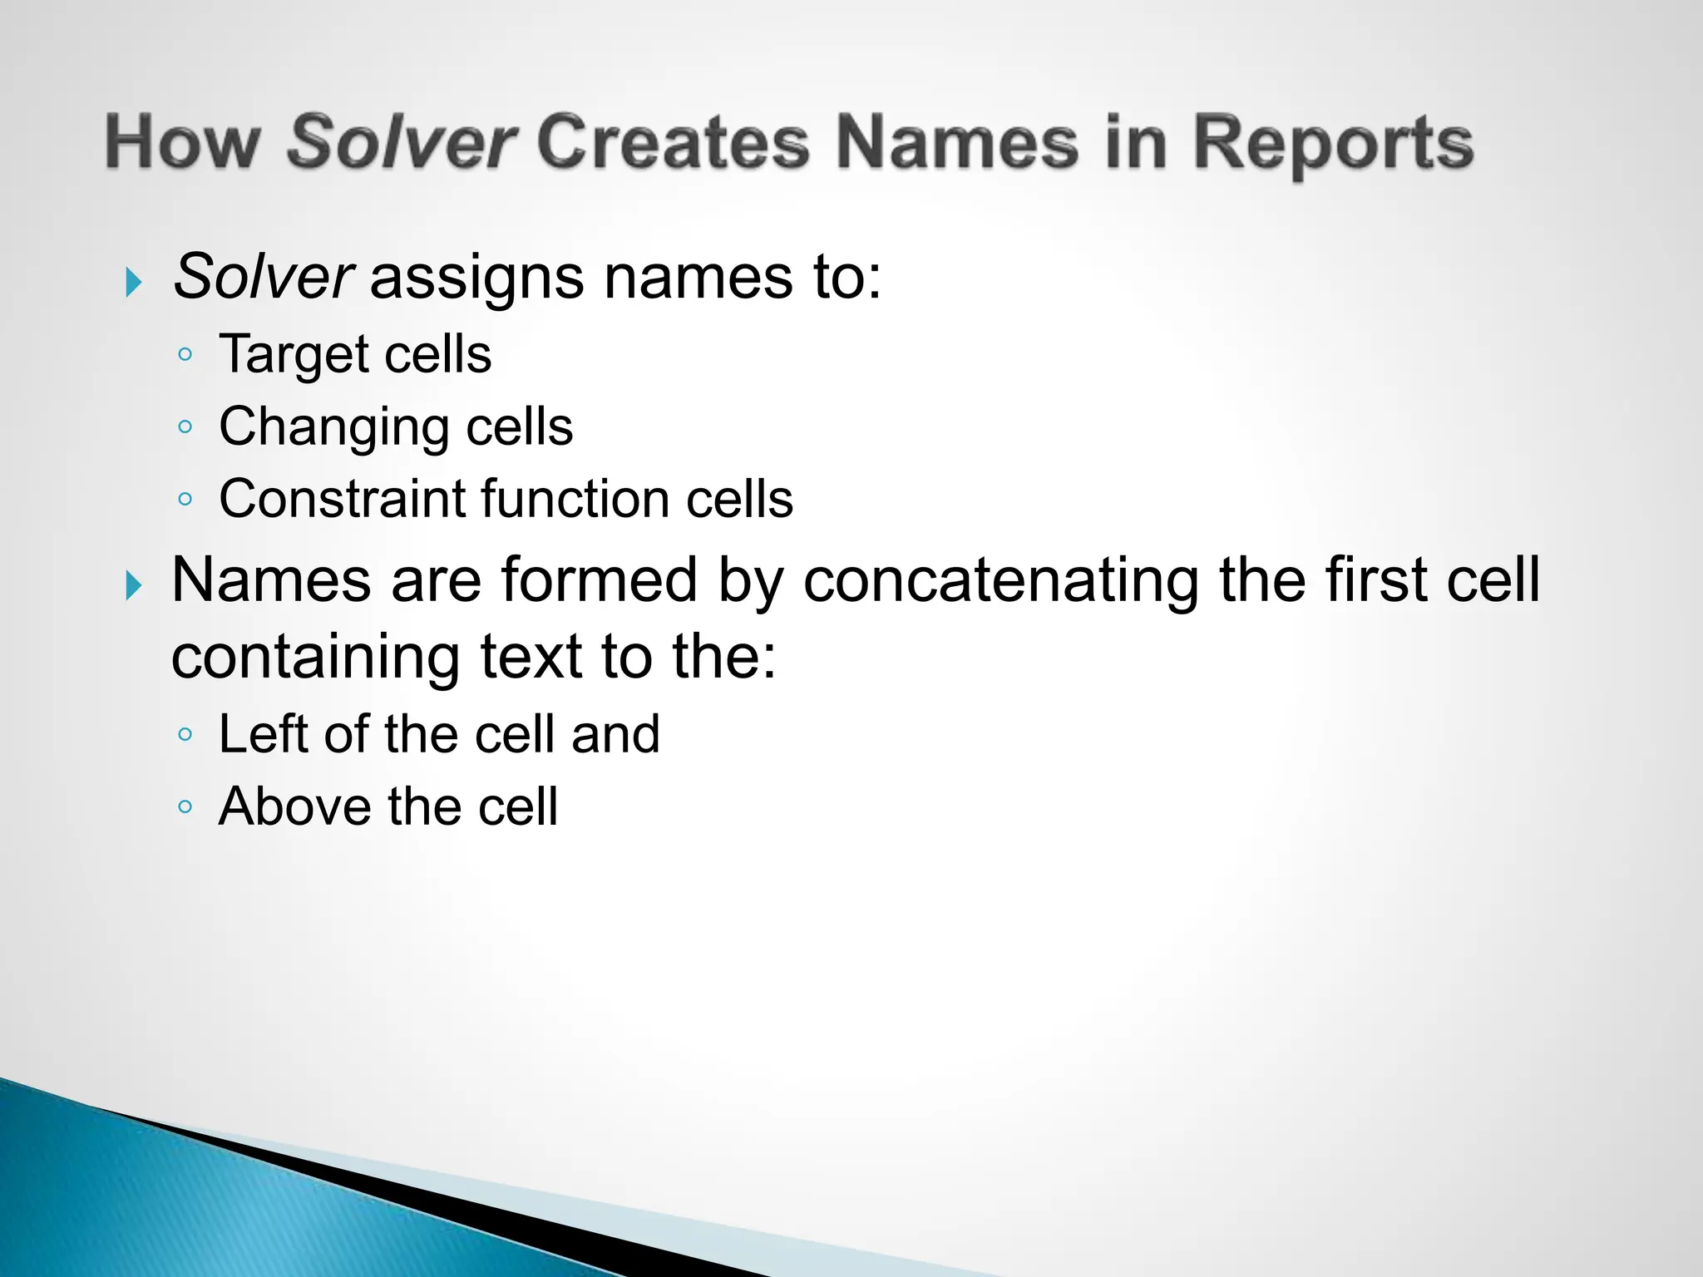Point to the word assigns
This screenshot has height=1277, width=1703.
pos(476,278)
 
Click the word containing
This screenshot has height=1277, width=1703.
pos(315,657)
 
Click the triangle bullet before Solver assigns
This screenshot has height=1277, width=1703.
pos(133,283)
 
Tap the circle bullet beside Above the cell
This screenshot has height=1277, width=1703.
pos(185,806)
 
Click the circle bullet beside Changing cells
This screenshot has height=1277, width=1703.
pos(185,427)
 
